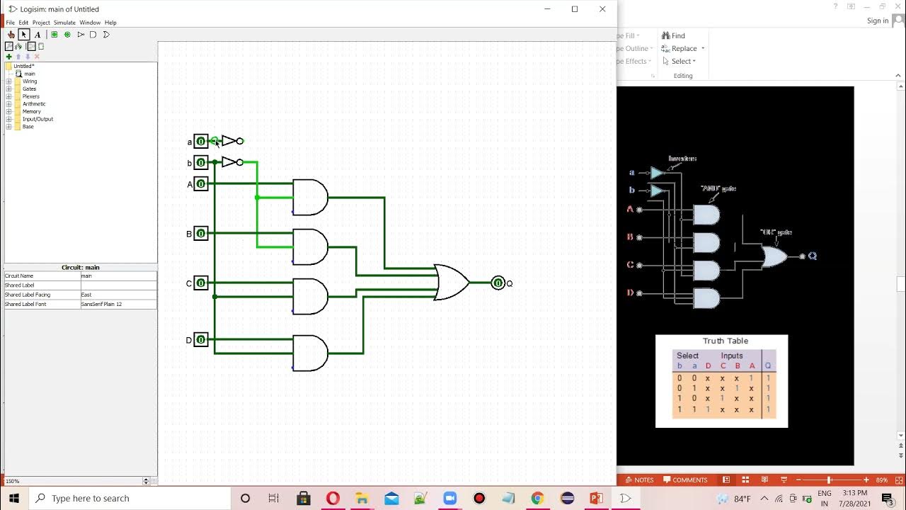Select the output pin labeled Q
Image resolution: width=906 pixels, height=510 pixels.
[498, 283]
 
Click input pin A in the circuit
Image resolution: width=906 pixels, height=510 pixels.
[201, 184]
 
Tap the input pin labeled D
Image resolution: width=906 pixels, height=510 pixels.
[201, 340]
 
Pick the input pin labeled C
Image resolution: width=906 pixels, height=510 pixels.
[201, 283]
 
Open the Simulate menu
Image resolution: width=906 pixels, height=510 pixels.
[64, 23]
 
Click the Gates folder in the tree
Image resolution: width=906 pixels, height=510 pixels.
[29, 89]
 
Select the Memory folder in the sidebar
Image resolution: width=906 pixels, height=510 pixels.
[31, 111]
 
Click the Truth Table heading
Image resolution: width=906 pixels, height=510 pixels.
[725, 341]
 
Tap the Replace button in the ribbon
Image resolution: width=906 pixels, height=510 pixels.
[683, 48]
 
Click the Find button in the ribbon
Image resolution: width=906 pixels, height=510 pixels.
[677, 35]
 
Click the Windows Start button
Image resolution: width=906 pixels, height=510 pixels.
[13, 498]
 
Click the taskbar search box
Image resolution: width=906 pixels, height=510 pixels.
[131, 498]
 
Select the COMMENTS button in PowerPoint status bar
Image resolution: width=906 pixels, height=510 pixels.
[685, 480]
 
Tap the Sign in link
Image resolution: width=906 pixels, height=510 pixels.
[877, 21]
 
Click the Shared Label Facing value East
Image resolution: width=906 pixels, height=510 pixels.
[117, 295]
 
